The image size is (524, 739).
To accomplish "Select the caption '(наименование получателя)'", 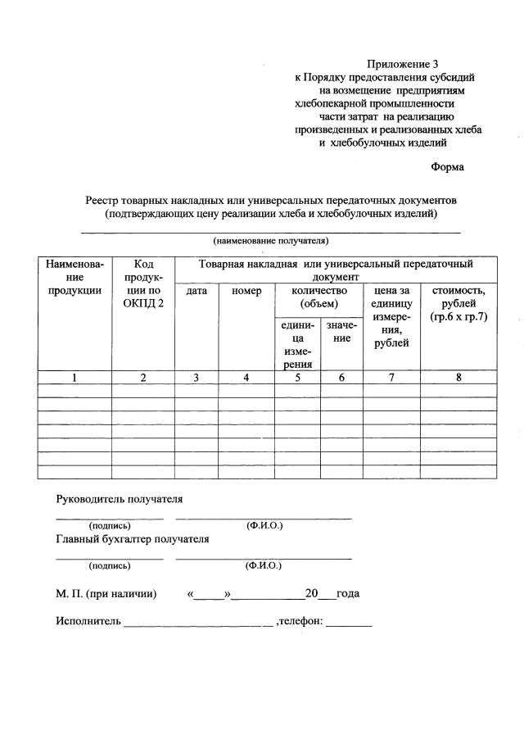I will click(x=270, y=242).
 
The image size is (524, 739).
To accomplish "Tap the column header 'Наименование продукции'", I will click(x=75, y=277).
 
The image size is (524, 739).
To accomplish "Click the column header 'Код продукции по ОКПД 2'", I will click(x=143, y=283).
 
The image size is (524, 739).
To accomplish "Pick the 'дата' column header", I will click(x=196, y=291).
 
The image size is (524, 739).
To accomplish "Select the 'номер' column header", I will click(x=246, y=291).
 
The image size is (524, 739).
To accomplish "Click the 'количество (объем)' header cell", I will click(x=318, y=297).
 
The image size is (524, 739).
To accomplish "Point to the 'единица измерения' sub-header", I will click(x=297, y=344).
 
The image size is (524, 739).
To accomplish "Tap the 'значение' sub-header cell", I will click(x=341, y=332).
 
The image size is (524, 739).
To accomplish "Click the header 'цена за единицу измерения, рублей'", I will click(x=391, y=316).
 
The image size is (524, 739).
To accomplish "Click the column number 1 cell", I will click(x=75, y=378).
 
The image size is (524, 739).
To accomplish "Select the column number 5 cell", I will click(x=297, y=378).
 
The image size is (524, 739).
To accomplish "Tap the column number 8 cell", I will click(x=458, y=378).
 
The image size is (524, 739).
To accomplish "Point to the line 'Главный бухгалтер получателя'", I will click(x=132, y=539).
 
